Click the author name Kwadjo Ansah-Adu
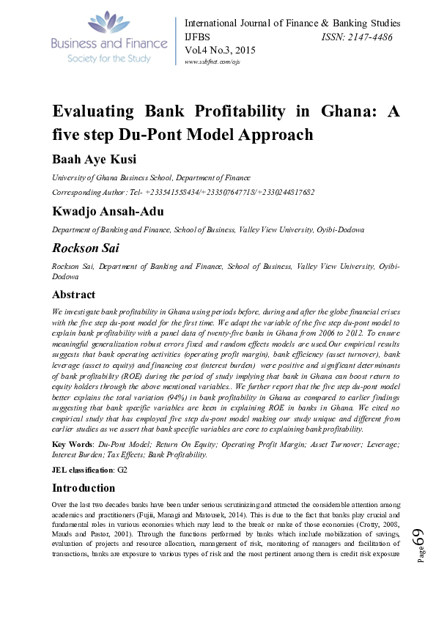click(x=106, y=212)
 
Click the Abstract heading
click(x=73, y=295)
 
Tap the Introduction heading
click(x=84, y=488)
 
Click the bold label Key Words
click(x=73, y=445)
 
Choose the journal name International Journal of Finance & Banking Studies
click(x=303, y=23)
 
